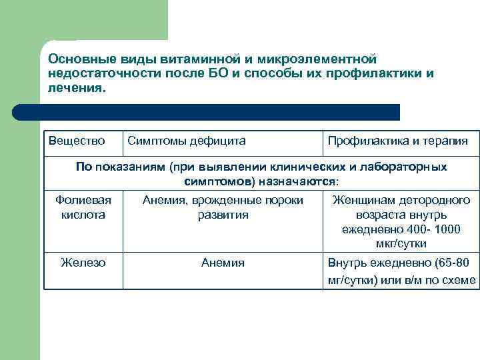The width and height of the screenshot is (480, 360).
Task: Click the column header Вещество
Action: pyautogui.click(x=77, y=141)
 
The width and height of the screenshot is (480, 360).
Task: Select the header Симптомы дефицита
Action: pyautogui.click(x=186, y=141)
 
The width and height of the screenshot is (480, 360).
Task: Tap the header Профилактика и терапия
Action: pyautogui.click(x=397, y=141)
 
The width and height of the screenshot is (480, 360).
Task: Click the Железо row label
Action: pyautogui.click(x=83, y=263)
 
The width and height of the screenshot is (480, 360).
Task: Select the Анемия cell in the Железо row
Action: pyautogui.click(x=223, y=263)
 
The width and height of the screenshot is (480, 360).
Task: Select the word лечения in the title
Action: pyautogui.click(x=75, y=87)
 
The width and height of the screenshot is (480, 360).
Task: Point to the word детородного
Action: pyautogui.click(x=435, y=200)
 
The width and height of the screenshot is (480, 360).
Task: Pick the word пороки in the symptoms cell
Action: pyautogui.click(x=283, y=200)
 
